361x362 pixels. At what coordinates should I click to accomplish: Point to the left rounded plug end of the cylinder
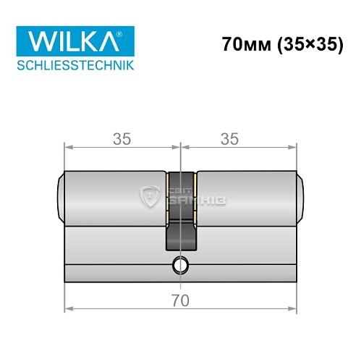60,195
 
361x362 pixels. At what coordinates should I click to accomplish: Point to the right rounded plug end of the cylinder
301,195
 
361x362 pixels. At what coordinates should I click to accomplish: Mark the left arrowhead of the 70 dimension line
68,308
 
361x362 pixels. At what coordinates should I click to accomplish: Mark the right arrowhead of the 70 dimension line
294,308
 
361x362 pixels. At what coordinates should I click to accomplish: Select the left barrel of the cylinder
116,195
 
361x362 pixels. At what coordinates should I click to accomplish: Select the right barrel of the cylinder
246,195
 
